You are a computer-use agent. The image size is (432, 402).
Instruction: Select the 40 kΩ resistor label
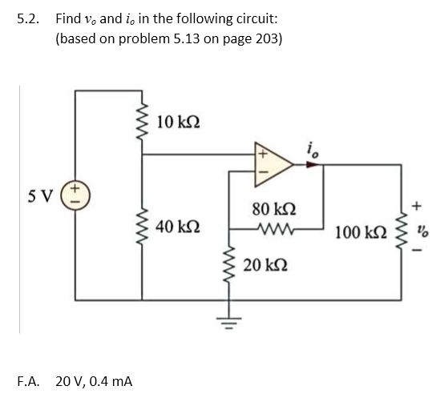pyautogui.click(x=179, y=227)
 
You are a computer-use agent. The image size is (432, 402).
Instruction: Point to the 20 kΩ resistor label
pyautogui.click(x=262, y=264)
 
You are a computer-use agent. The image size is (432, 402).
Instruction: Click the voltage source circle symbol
pyautogui.click(x=78, y=195)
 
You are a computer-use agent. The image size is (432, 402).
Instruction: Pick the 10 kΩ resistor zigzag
pyautogui.click(x=144, y=122)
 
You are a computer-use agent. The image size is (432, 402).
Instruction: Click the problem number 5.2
pyautogui.click(x=28, y=18)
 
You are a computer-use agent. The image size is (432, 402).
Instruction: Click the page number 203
pyautogui.click(x=268, y=38)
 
